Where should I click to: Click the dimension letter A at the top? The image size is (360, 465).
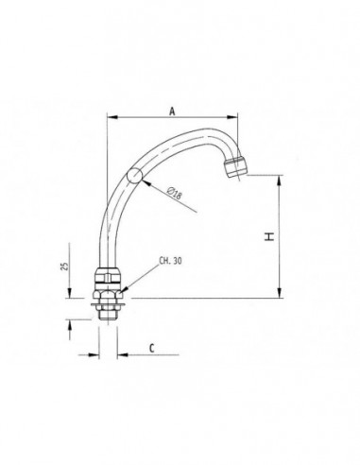coord(172,110)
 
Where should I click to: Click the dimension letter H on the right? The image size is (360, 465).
coord(269,237)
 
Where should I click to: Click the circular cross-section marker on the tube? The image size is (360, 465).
coord(135,175)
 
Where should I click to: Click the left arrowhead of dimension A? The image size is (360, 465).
coord(111,118)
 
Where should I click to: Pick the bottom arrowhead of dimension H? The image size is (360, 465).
coord(280,294)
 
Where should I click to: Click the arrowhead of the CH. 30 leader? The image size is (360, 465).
coord(123,284)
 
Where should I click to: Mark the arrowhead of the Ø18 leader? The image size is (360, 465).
coord(143,180)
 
